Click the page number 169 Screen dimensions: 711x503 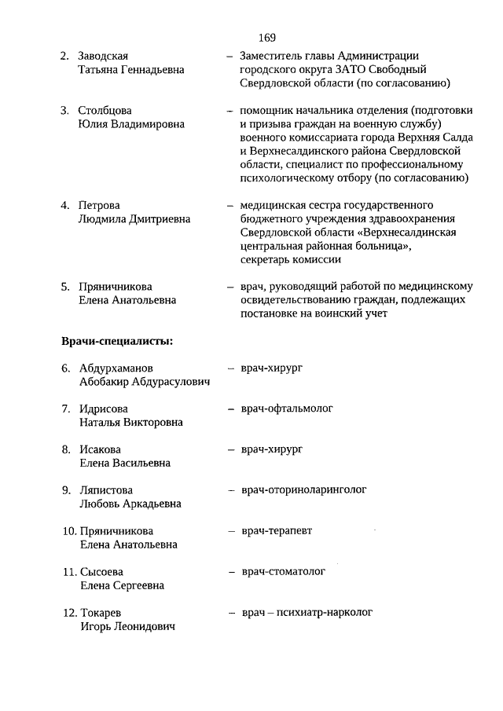[x=266, y=37]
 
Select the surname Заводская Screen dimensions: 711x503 [x=103, y=56]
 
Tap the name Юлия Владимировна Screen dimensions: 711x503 [x=131, y=123]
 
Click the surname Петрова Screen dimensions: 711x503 [x=99, y=205]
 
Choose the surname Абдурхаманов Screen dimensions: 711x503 [x=116, y=368]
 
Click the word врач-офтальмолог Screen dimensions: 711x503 [x=287, y=409]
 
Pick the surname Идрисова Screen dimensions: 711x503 [x=103, y=409]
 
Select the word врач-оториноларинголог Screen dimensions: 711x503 [x=303, y=489]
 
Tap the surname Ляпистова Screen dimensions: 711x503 [x=106, y=490]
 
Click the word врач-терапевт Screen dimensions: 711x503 [x=277, y=530]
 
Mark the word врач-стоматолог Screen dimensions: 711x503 [x=283, y=571]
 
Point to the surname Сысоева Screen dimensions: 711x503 [x=101, y=572]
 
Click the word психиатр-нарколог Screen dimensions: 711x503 [x=324, y=612]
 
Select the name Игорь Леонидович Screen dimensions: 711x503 [x=127, y=626]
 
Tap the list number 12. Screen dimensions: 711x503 [x=68, y=613]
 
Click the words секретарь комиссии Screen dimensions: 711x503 [x=291, y=259]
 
